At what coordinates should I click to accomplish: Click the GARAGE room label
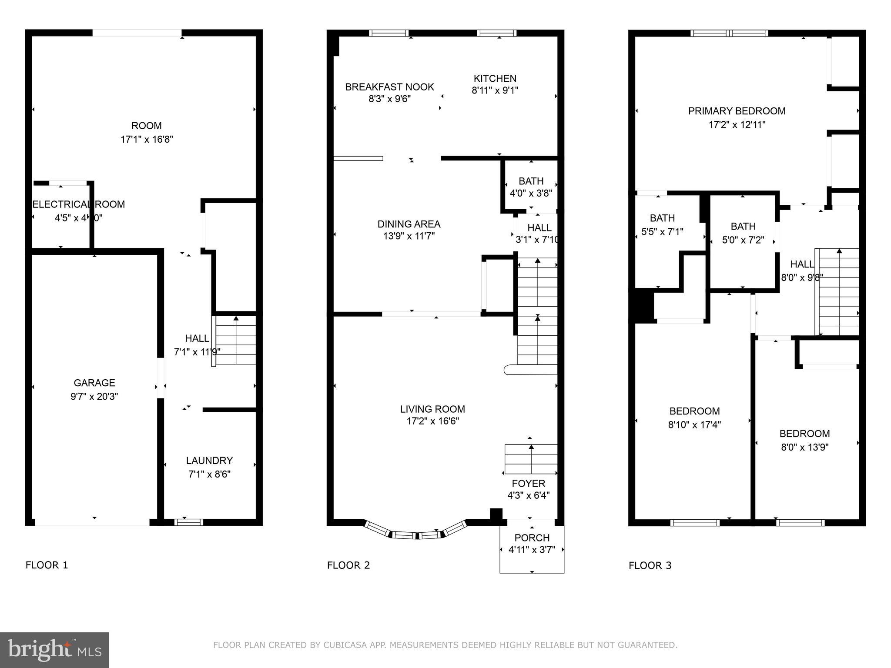pyautogui.click(x=94, y=383)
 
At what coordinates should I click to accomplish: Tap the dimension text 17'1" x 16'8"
pyautogui.click(x=147, y=140)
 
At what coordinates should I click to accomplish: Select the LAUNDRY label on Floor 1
pyautogui.click(x=209, y=461)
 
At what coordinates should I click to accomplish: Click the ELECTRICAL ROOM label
pyautogui.click(x=79, y=204)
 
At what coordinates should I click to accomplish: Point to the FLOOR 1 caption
pyautogui.click(x=47, y=565)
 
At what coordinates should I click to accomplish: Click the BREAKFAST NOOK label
pyautogui.click(x=389, y=87)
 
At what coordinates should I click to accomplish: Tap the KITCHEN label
pyautogui.click(x=495, y=79)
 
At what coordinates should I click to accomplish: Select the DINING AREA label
pyautogui.click(x=409, y=224)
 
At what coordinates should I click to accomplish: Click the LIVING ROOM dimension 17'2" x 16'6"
pyautogui.click(x=432, y=421)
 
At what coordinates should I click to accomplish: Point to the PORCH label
pyautogui.click(x=532, y=538)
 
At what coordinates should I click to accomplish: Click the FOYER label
pyautogui.click(x=528, y=484)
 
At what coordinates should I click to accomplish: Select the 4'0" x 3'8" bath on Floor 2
pyautogui.click(x=531, y=187)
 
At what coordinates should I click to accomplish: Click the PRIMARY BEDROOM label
pyautogui.click(x=737, y=111)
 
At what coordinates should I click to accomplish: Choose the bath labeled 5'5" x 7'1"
pyautogui.click(x=662, y=225)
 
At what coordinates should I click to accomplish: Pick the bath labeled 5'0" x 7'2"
pyautogui.click(x=743, y=233)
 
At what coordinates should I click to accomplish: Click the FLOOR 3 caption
pyautogui.click(x=650, y=566)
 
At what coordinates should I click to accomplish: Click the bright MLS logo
pyautogui.click(x=54, y=650)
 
